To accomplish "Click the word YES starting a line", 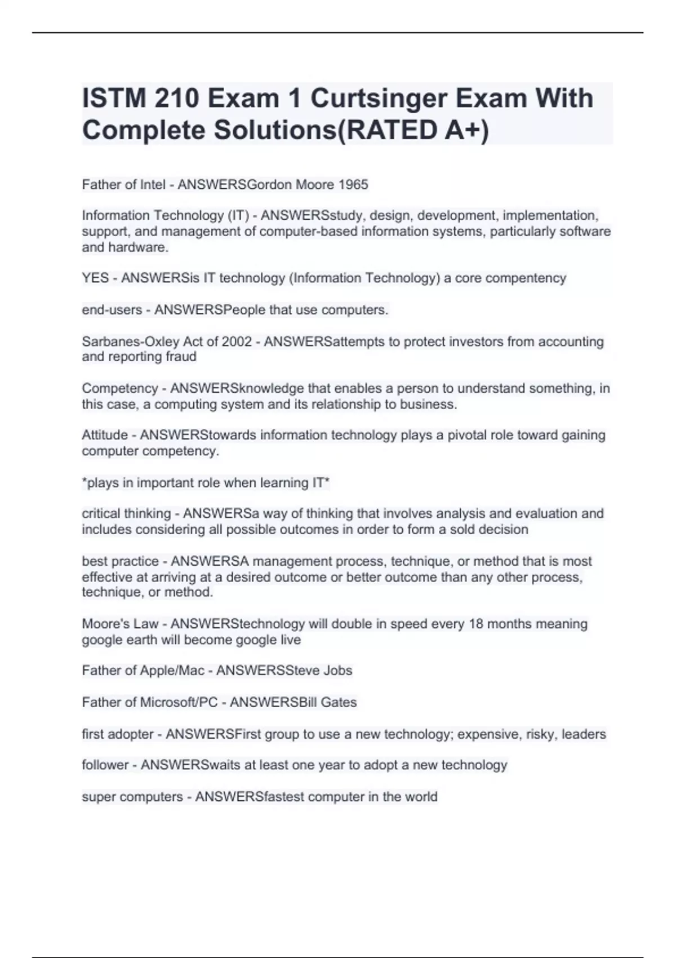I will [x=95, y=278].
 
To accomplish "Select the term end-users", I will [x=112, y=310].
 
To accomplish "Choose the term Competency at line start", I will [x=119, y=388].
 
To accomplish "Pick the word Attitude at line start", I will [x=105, y=435].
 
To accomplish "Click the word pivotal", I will [x=466, y=435].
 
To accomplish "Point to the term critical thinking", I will [x=126, y=514].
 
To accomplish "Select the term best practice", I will [x=120, y=561].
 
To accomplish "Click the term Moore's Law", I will [x=120, y=624].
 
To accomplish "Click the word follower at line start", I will [x=105, y=765].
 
